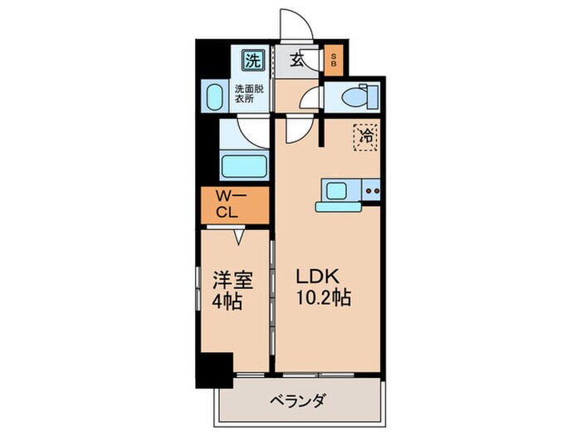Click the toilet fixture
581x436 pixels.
[x=356, y=98]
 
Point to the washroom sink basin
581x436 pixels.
[x=212, y=96]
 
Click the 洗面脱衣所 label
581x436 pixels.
[x=249, y=93]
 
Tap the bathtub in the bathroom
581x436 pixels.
[x=243, y=164]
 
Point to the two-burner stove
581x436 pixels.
[x=372, y=193]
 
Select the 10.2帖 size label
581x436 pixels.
[x=322, y=297]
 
